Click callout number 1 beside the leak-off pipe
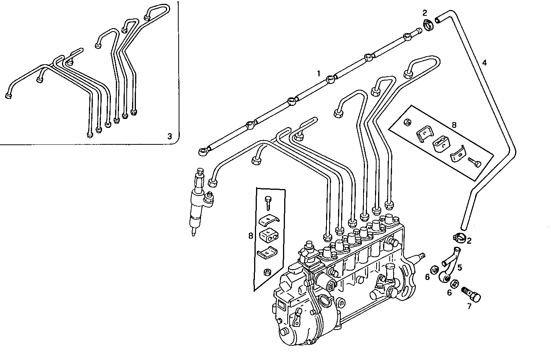tap(318, 73)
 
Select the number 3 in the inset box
tap(170, 136)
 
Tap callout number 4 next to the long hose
tap(484, 62)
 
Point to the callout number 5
tap(460, 267)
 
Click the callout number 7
tap(469, 306)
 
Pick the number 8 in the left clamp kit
tap(251, 236)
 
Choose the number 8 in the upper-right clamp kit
tap(454, 125)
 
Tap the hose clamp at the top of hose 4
tap(428, 25)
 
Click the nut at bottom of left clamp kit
tap(266, 273)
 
